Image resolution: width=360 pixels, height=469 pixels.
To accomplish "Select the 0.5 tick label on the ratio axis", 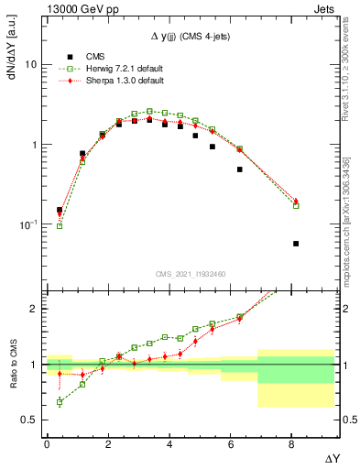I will (29, 420).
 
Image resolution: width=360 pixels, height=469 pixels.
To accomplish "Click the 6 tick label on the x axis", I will (231, 444).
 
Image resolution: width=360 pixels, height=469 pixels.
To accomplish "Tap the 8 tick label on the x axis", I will (292, 444).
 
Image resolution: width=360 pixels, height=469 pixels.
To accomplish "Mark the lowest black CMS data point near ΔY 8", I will (296, 244).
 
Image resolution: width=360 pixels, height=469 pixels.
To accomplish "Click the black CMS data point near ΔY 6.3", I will (240, 169).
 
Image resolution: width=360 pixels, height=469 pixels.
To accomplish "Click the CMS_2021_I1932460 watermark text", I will (190, 273).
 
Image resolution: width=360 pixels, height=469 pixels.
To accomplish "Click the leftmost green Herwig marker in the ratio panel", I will (60, 402).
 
